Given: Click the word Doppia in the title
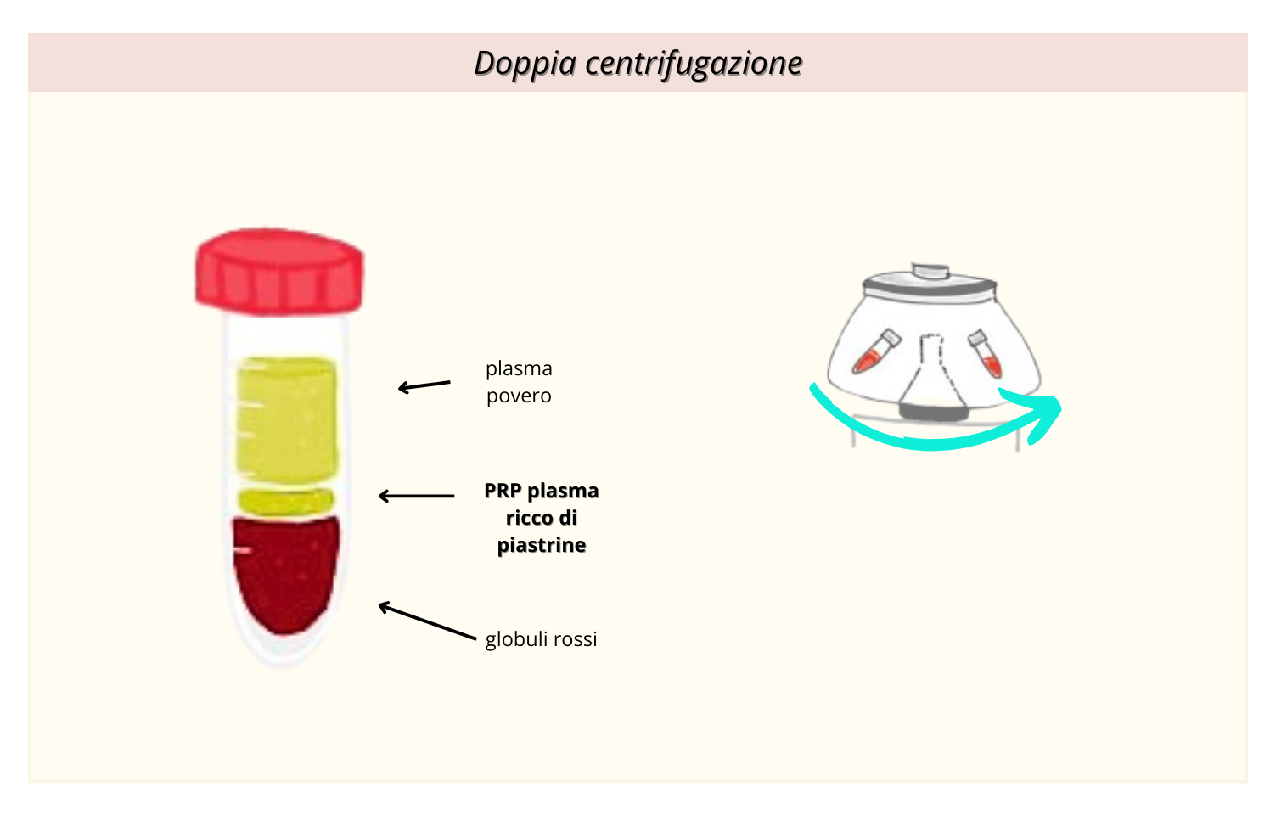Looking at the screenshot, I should (x=525, y=64).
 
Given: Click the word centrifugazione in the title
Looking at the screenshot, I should (x=694, y=64).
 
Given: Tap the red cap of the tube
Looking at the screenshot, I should (x=279, y=272).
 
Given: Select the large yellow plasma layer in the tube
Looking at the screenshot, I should (x=286, y=416).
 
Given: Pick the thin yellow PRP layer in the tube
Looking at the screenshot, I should (x=286, y=502).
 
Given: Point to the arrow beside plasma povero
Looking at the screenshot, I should (x=424, y=386).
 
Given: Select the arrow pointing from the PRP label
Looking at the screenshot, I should (x=416, y=496).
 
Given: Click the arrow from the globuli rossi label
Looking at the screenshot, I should (x=426, y=621).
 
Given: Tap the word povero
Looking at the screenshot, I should (x=519, y=396).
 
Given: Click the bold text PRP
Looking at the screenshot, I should (x=503, y=491).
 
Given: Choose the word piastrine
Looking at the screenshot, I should (x=542, y=545).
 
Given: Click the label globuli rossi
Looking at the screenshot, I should (x=541, y=639).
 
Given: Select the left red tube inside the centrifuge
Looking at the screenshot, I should (x=874, y=351).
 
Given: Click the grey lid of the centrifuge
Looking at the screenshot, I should (x=930, y=284).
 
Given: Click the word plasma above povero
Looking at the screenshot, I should (x=519, y=368).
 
